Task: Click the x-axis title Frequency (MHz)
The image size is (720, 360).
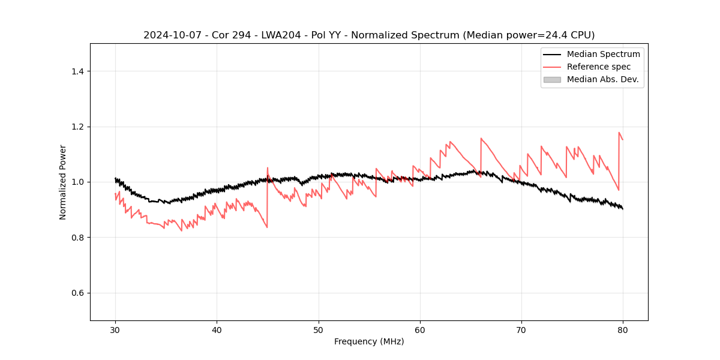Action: [x=369, y=341]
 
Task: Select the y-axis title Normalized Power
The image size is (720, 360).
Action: [x=63, y=182]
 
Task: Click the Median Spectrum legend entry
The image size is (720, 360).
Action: [x=603, y=54]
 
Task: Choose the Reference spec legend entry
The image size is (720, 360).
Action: [x=598, y=67]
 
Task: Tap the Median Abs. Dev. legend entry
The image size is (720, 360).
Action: [x=602, y=79]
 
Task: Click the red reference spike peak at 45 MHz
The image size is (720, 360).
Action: [x=268, y=168]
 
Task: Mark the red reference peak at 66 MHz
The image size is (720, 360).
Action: [x=481, y=139]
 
